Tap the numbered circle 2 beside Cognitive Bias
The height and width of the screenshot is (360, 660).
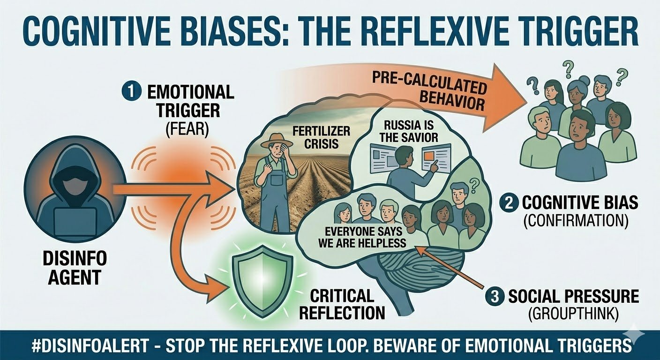pos(509,203)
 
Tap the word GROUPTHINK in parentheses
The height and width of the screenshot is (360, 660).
pos(575,314)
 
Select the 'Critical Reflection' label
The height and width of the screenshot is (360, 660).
pos(343,304)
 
